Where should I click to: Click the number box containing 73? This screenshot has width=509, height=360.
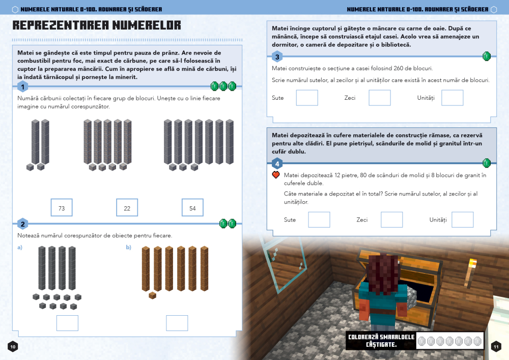coord(62,208)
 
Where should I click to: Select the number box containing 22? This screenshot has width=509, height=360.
coord(127,208)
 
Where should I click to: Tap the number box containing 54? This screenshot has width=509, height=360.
coord(192,208)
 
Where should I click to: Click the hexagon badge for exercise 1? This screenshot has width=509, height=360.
coord(22,87)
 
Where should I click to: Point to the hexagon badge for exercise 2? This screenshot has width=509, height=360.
coord(22,224)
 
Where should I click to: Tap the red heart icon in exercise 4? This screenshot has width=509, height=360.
coord(276,175)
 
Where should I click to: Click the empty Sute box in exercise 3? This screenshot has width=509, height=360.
coord(307,98)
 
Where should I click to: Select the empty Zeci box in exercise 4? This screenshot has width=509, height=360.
coord(391,219)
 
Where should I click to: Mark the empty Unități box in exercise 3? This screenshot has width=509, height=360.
coord(452,98)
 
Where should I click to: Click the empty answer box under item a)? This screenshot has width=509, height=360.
coord(67,323)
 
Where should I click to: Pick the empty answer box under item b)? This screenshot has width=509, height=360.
coord(177,323)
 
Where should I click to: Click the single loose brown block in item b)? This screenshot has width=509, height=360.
coord(152,295)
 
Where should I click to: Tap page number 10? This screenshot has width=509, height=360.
coord(13,346)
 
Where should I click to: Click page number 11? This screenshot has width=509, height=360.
coord(496,346)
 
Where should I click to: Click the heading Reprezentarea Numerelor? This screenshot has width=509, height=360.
coord(97,25)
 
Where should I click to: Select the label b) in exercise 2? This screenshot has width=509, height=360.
coord(129,247)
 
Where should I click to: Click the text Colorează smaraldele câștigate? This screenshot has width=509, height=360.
coord(381,341)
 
